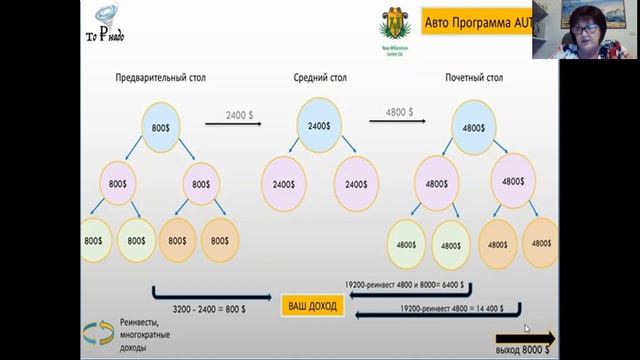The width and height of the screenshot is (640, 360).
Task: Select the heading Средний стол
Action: [x=318, y=76]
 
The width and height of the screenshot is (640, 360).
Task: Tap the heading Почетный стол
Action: [x=476, y=76]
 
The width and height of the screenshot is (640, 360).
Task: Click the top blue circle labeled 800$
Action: [x=160, y=128]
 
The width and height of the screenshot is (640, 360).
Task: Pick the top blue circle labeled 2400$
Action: [x=319, y=126]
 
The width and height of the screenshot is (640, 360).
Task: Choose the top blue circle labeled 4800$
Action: [x=474, y=128]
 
